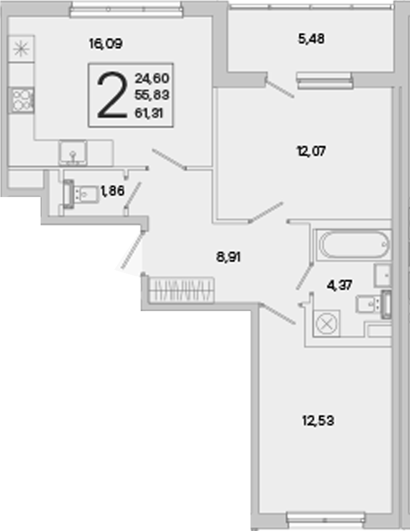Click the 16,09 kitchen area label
105,44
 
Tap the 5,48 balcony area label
311,39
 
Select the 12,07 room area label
311,151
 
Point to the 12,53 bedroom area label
318,421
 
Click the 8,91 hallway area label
228,257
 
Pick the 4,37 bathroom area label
339,285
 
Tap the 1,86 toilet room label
113,191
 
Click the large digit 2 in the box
112,95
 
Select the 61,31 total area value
149,113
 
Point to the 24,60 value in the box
152,78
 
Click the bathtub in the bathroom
353,245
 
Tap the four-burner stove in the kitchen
21,100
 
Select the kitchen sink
73,153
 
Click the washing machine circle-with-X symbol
326,323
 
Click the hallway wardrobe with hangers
181,290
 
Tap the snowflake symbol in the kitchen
21,49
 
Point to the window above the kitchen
126,9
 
